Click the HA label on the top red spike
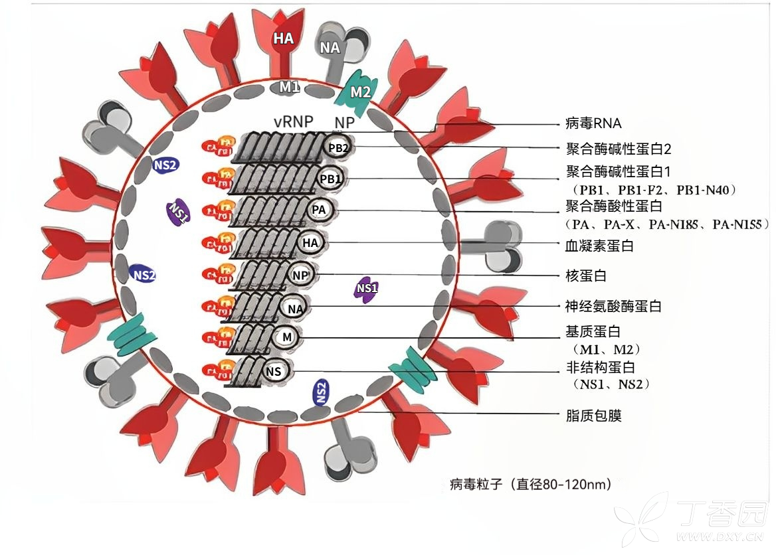(284, 39)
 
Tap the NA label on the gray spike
(330, 47)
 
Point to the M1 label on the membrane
(289, 86)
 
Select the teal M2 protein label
(360, 92)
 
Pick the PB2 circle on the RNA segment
(338, 148)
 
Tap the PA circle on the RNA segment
(320, 210)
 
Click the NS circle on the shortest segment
(274, 371)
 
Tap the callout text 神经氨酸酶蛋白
(613, 306)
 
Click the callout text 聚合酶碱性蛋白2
(618, 148)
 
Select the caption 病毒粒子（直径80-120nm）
(530, 484)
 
